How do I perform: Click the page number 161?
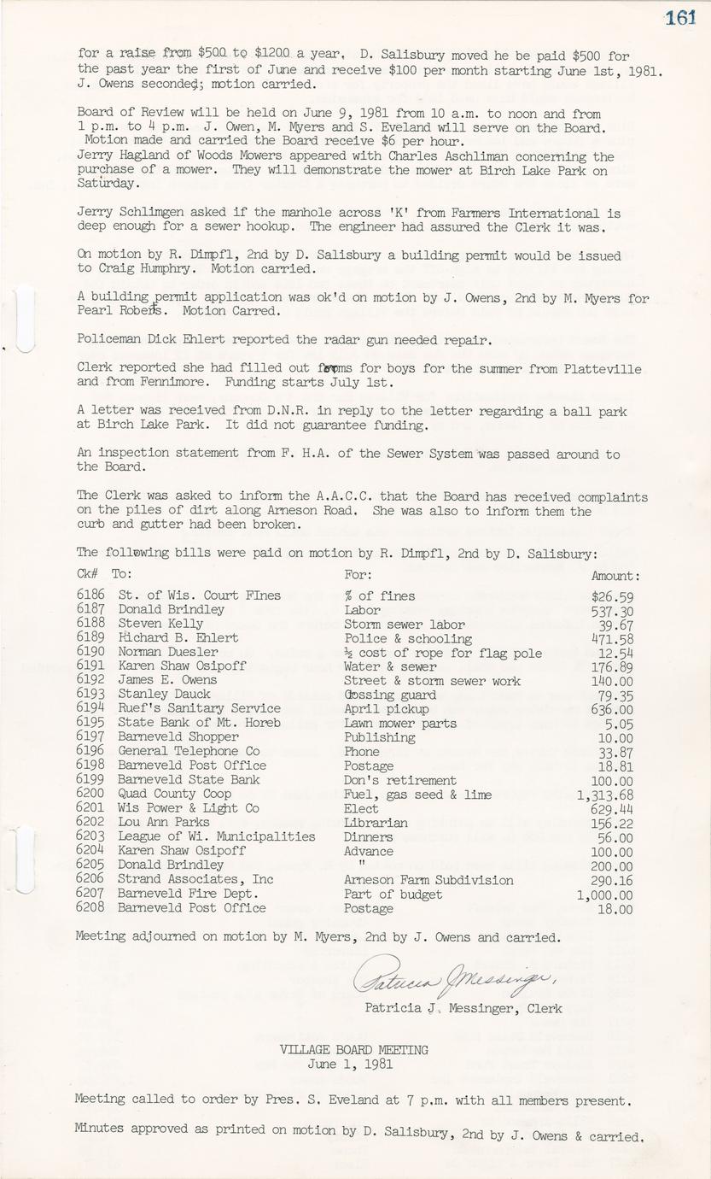[x=681, y=18]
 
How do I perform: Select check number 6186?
[x=90, y=595]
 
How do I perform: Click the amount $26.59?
[x=612, y=596]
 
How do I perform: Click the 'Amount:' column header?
[x=615, y=577]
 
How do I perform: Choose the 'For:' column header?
[x=358, y=575]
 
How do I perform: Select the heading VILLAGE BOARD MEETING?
[x=354, y=1049]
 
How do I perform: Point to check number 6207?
[x=90, y=894]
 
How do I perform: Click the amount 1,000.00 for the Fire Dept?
[x=605, y=895]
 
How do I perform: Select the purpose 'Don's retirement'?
[x=399, y=780]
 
